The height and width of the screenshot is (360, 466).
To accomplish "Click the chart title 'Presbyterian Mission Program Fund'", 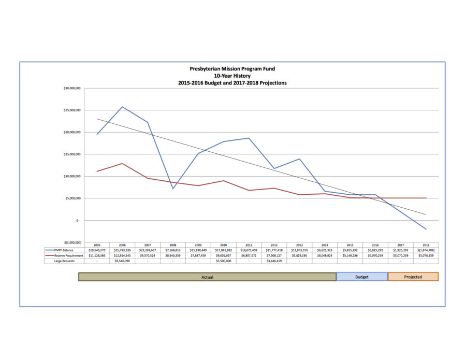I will click(232, 68).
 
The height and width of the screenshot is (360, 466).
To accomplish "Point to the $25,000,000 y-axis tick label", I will click(70, 110).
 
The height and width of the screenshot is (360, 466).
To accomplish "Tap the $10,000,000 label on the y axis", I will click(70, 176).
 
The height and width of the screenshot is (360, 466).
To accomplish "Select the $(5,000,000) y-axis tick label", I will click(70, 242).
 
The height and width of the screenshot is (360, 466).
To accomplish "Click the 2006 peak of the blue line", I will click(122, 107).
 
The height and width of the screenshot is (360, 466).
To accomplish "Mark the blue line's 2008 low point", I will click(173, 189).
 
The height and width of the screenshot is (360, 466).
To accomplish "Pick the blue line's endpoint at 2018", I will click(426, 229).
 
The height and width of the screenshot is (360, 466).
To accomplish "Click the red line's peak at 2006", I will click(122, 163).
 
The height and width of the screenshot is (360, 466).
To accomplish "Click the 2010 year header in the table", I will click(224, 244).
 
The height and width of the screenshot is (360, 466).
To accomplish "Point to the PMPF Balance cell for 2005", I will click(97, 250).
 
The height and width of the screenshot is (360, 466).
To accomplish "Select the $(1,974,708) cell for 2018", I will click(426, 250).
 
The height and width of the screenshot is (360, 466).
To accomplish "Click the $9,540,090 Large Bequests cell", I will click(122, 262).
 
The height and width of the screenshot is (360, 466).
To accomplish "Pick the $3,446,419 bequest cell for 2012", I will click(274, 262).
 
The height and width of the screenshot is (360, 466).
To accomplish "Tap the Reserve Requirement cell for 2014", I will click(325, 256).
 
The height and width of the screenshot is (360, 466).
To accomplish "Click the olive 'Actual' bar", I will click(207, 277).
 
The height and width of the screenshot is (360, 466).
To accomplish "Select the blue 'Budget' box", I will click(361, 277).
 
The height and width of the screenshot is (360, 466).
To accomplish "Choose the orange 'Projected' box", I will click(413, 277).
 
